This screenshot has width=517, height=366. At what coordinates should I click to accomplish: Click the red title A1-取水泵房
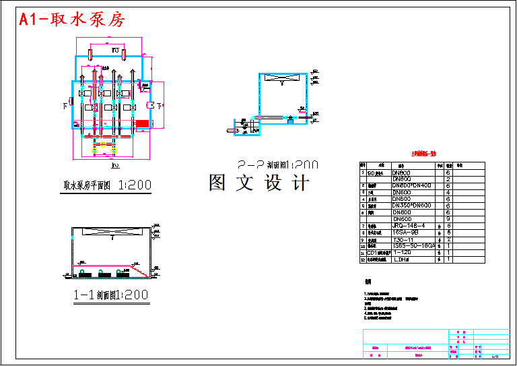72,20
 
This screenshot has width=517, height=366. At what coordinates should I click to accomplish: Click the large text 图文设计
259,183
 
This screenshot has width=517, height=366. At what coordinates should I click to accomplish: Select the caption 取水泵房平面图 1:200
107,185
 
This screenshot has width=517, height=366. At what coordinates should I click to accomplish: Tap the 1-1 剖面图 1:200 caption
111,295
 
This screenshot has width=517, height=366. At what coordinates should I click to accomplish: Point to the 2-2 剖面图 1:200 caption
277,164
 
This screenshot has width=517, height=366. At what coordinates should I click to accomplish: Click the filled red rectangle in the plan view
142,123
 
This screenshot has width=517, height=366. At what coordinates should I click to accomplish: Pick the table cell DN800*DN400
412,185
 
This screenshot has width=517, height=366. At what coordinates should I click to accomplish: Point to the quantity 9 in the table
448,219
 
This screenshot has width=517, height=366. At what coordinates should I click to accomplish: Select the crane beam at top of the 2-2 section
281,79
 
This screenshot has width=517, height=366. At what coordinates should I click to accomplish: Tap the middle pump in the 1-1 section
105,274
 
